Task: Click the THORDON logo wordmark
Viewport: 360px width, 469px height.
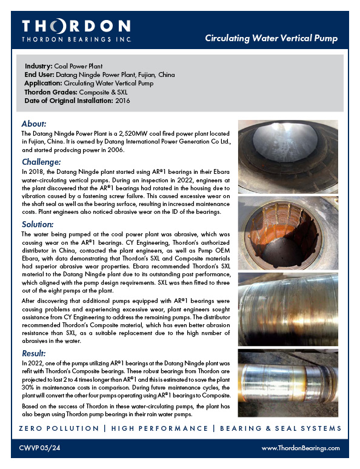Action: pos(76,27)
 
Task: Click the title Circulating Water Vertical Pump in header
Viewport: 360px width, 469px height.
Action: pos(271,39)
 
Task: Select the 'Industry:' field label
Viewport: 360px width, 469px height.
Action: pos(40,65)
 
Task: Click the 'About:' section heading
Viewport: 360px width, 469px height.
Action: pos(34,124)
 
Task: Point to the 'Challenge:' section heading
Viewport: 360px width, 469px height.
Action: pos(41,162)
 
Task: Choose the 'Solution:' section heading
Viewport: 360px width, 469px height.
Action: pos(39,224)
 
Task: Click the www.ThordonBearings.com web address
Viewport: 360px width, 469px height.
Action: pos(301,448)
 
